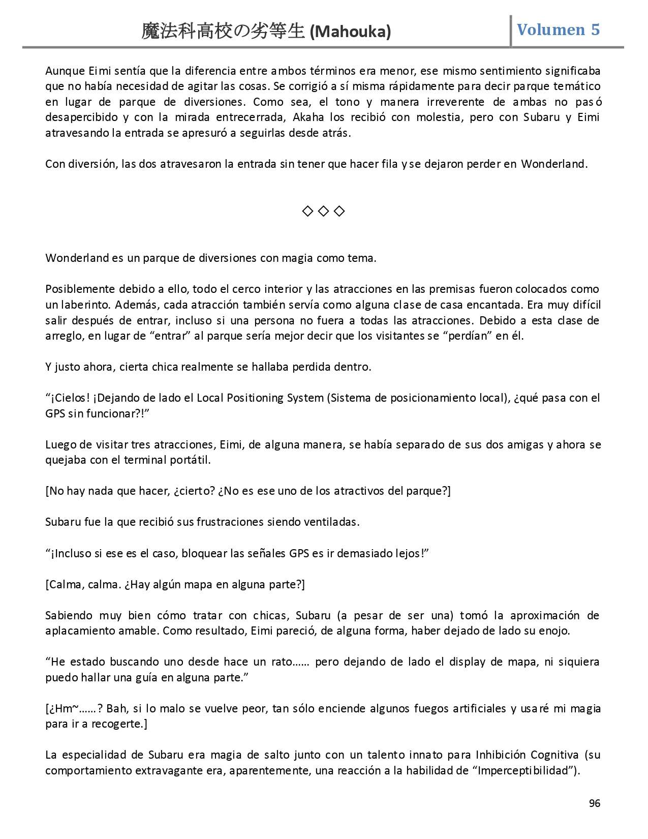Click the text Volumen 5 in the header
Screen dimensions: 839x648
pos(558,29)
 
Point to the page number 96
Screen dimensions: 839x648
pos(594,803)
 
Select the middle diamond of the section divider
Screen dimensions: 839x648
pos(323,211)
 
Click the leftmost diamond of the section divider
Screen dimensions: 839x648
pos(307,211)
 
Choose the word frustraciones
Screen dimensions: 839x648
pos(230,522)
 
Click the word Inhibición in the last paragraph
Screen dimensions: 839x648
pos(501,755)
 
